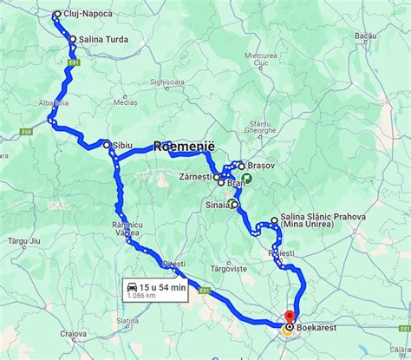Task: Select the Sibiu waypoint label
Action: tap(122, 145)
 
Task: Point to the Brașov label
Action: tap(261, 165)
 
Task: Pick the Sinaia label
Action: tap(218, 205)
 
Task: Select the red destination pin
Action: tap(290, 316)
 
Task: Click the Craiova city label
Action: tap(74, 334)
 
